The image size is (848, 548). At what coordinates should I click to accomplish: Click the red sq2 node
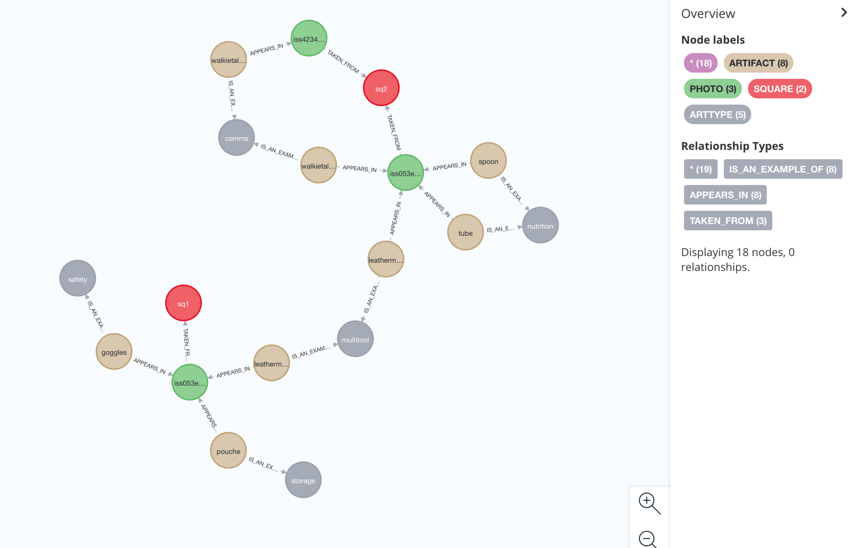tap(381, 88)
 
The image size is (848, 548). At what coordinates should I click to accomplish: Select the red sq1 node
tap(183, 303)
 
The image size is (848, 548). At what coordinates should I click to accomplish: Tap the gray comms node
tap(236, 138)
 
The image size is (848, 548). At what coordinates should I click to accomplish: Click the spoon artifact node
tap(488, 161)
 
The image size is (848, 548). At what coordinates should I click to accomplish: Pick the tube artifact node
tap(465, 233)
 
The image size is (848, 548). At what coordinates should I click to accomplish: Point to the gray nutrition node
tap(540, 226)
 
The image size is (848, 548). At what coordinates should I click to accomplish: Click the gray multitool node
tap(355, 339)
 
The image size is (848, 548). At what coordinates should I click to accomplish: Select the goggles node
tap(114, 352)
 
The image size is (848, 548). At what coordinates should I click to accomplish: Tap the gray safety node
tap(78, 279)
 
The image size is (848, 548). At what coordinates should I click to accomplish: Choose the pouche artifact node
tap(228, 451)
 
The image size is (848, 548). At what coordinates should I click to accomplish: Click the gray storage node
tap(303, 480)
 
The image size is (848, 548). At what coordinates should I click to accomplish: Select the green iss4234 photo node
tap(309, 39)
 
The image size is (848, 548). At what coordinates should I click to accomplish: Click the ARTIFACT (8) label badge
tap(758, 63)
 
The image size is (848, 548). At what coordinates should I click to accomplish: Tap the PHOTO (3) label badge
tap(712, 88)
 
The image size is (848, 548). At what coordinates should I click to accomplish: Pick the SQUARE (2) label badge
tap(779, 88)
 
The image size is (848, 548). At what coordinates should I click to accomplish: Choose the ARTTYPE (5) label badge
tap(717, 114)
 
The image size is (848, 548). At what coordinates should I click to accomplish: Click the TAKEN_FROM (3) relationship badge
tap(727, 220)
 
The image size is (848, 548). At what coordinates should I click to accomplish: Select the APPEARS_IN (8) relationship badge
tap(725, 195)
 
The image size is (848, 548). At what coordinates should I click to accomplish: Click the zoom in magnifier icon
tap(648, 503)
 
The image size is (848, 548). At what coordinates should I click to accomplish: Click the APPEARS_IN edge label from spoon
tap(449, 166)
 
